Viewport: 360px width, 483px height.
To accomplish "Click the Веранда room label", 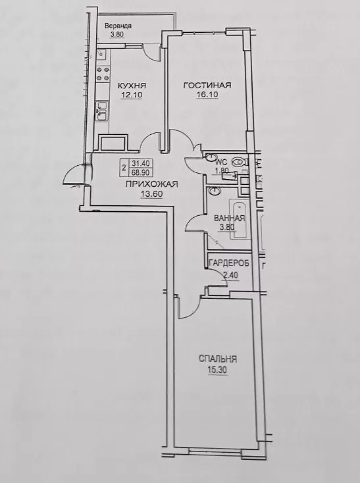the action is click(118, 26).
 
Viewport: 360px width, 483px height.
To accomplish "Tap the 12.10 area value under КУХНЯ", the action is click(132, 95).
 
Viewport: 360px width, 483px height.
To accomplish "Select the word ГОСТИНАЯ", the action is click(207, 85).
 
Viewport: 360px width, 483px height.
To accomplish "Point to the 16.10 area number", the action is click(207, 95).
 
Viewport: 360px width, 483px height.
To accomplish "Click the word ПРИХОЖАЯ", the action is click(151, 184).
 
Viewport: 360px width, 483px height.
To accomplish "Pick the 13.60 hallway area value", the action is click(151, 194).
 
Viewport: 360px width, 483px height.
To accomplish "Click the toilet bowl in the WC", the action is click(238, 161).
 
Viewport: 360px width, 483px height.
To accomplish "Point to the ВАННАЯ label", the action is click(230, 218).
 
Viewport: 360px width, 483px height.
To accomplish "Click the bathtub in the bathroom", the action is click(238, 218).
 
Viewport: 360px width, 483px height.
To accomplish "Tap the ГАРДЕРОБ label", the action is click(228, 263).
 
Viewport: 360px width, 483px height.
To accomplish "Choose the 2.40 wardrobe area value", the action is click(230, 275).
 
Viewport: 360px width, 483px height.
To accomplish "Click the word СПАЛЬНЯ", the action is click(218, 359).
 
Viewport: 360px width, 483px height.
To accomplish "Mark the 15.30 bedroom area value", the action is click(217, 370).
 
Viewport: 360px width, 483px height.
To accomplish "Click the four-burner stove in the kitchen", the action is click(103, 74).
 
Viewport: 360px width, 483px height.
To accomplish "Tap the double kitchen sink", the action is click(102, 111).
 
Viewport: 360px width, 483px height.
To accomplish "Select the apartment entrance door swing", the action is click(75, 175).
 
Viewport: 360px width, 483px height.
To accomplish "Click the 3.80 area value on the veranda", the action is click(117, 34).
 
